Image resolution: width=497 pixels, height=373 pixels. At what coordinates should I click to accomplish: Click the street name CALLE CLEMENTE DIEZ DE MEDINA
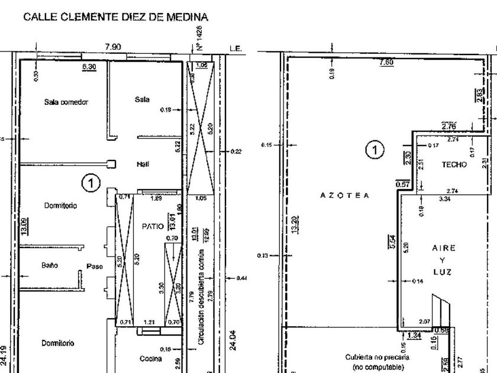pos(116,17)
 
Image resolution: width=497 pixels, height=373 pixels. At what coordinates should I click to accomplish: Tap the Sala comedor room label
pos(66,102)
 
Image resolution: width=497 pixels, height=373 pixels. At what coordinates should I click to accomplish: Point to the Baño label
pos(49,266)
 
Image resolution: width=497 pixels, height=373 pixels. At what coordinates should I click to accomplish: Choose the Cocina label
pos(151,358)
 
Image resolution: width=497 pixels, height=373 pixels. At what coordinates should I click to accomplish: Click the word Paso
pos(95,266)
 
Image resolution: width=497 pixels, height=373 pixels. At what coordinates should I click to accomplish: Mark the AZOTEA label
pos(345,195)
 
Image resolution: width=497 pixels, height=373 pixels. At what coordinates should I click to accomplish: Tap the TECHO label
pos(454,165)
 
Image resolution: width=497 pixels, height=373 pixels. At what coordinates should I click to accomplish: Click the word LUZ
pos(442,272)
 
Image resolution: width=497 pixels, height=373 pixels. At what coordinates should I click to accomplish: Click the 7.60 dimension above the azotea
pos(386,62)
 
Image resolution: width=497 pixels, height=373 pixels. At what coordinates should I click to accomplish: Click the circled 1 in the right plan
pos(373,150)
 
